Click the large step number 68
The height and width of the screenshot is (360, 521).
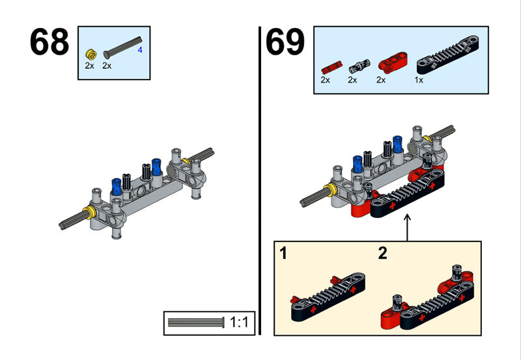coord(49,43)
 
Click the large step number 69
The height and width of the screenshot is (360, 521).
coord(285,43)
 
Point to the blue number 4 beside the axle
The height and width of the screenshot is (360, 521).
coord(140,49)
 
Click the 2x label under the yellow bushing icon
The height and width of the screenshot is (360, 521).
coord(89,66)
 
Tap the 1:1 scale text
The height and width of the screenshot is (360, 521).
coord(238,322)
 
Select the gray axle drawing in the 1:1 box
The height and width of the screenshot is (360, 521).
coord(196,322)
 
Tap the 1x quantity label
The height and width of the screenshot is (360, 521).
coord(419,80)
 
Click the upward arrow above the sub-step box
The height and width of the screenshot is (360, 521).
coord(408,228)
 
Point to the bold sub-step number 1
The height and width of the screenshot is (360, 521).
coord(283,253)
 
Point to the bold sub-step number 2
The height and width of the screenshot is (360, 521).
coord(382,253)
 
